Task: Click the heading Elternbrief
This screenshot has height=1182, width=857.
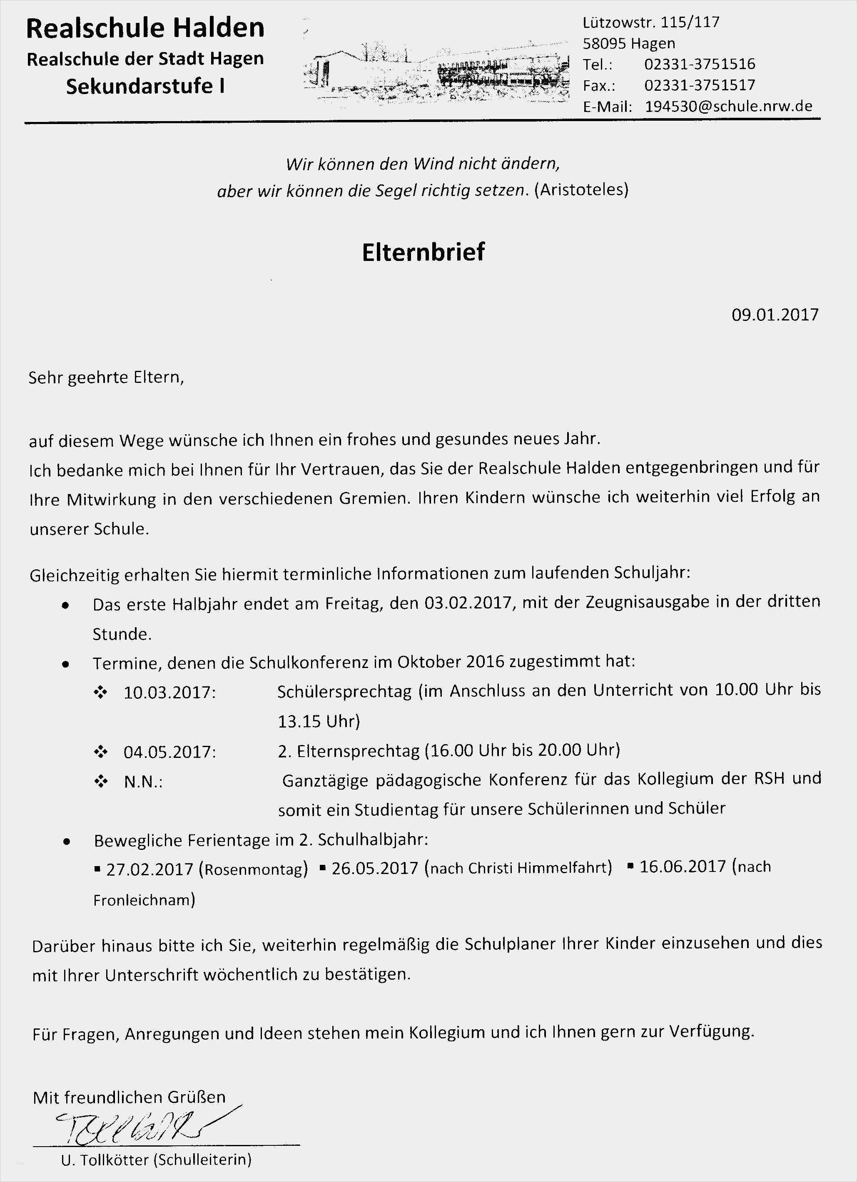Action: point(423,252)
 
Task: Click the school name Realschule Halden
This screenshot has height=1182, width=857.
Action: point(145,28)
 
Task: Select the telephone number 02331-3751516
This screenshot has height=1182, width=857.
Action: point(700,64)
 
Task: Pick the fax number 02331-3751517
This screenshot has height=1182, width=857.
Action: point(700,85)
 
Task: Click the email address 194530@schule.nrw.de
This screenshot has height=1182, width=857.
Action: point(728,106)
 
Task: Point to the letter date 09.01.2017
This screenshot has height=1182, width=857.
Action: point(775,315)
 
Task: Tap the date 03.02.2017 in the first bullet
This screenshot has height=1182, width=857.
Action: point(468,603)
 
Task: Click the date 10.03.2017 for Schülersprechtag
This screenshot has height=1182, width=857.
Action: point(169,693)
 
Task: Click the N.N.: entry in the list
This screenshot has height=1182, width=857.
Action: point(143,782)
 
